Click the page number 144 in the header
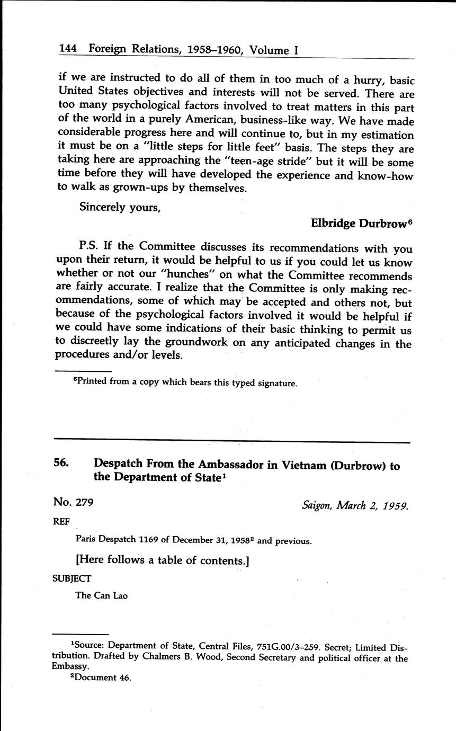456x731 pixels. tap(68, 49)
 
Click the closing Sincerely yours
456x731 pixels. tap(120, 207)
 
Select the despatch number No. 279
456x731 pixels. tap(73, 502)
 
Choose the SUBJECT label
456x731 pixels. tap(71, 578)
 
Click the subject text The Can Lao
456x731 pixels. tap(102, 595)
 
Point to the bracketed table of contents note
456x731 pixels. tap(163, 560)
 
